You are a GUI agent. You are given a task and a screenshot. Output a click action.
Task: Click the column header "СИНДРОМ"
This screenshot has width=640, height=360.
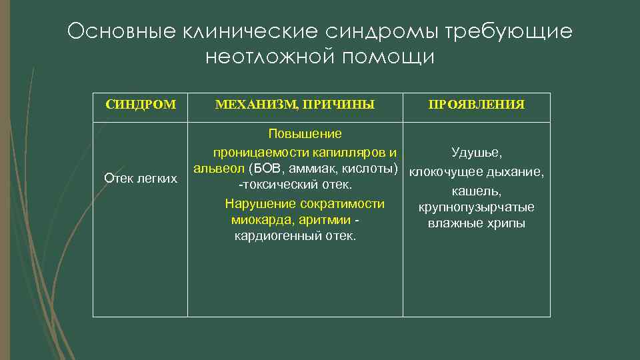[141, 105]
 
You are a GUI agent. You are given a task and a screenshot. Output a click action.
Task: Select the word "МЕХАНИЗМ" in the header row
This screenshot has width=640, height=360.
[255, 105]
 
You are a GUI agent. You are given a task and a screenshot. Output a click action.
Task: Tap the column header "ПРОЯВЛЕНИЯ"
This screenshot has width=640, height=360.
[476, 105]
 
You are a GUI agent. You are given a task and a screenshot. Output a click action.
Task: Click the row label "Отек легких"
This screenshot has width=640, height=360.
[141, 178]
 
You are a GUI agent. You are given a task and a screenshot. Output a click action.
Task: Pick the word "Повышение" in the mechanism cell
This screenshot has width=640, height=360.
[295, 134]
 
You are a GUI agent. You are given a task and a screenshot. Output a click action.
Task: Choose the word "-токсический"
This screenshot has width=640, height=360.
[270, 184]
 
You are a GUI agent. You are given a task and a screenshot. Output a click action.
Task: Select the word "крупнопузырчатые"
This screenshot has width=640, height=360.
[476, 207]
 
